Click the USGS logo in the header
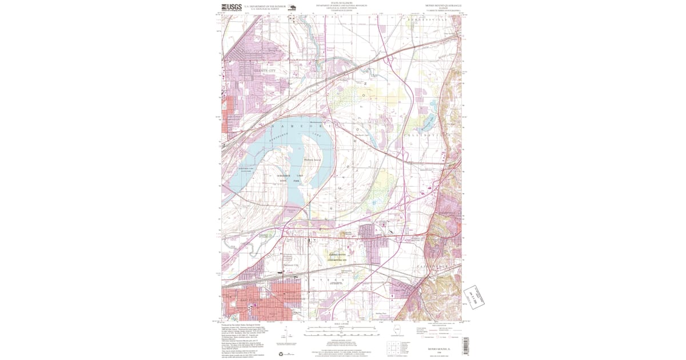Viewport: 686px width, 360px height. tap(232, 8)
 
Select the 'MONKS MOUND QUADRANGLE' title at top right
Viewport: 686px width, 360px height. tap(442, 5)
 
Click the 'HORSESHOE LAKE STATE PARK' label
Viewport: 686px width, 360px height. tap(288, 178)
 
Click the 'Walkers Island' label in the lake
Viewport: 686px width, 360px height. tap(312, 159)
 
